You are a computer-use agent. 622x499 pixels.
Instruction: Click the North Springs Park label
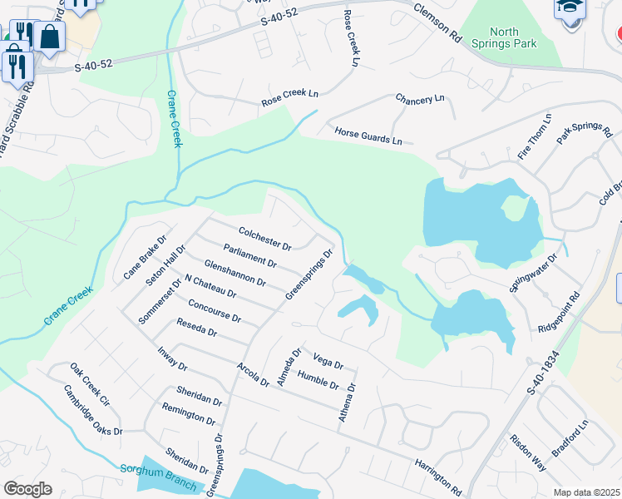tap(504, 38)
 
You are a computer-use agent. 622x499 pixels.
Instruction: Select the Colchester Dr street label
tap(264, 240)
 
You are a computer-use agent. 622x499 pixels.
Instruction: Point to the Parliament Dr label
tap(249, 255)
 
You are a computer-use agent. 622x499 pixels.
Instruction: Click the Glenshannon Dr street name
tap(234, 272)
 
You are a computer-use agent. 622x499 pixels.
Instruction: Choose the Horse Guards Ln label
tap(368, 136)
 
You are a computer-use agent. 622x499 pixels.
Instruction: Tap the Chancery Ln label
tap(420, 99)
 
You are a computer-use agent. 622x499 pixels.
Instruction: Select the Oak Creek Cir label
tap(90, 383)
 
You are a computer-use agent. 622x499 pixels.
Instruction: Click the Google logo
tap(27, 489)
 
